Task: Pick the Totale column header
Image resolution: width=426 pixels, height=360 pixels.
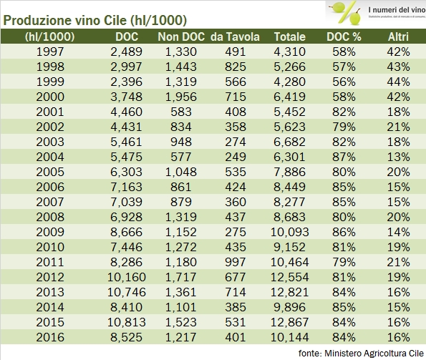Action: click(289, 37)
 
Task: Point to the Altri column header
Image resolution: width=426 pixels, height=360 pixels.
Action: click(399, 37)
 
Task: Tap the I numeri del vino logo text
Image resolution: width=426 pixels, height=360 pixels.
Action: click(379, 9)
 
